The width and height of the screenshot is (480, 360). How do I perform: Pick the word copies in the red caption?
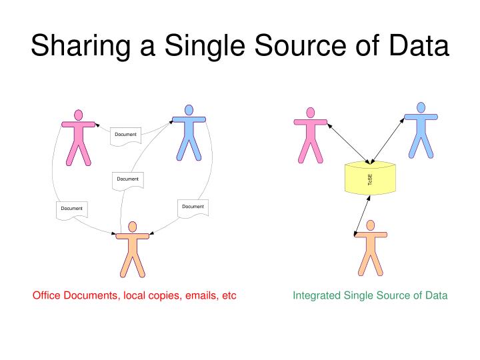point(163,296)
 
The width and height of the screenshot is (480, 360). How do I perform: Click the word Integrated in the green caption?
point(317,296)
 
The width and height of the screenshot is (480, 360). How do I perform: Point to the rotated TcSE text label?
point(370,180)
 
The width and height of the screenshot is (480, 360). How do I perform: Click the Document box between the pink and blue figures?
point(125,136)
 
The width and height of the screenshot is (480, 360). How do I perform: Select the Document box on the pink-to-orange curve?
point(72,210)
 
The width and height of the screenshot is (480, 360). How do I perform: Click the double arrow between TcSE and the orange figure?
point(362,216)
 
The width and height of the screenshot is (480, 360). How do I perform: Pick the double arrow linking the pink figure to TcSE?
point(349,143)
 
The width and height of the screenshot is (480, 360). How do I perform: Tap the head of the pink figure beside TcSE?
point(311,113)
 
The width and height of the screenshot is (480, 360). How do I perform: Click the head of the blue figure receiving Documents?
point(189,110)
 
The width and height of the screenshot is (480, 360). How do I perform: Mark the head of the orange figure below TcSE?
point(371,225)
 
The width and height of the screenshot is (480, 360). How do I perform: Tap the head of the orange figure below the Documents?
point(132,227)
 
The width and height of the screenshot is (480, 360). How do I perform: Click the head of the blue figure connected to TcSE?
point(421,107)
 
